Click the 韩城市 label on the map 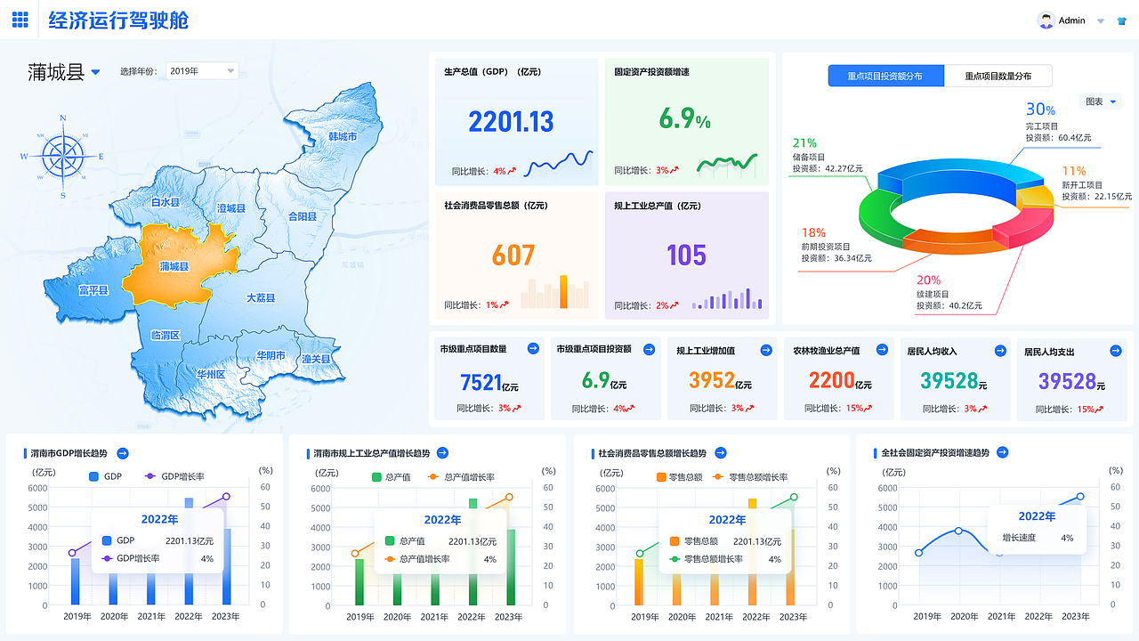(x=343, y=136)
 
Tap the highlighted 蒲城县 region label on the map (x=174, y=266)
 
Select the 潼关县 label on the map (x=316, y=359)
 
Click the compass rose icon (x=63, y=157)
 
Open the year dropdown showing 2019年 (x=202, y=71)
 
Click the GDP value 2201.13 (x=511, y=122)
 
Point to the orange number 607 (x=513, y=256)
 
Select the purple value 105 (x=686, y=256)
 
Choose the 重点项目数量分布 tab (x=998, y=76)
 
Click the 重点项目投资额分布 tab (x=885, y=76)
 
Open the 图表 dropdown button (x=1100, y=101)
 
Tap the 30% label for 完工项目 (x=1040, y=110)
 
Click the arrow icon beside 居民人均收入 (x=1000, y=350)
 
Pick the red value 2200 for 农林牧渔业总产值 (x=832, y=381)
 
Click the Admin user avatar (x=1046, y=20)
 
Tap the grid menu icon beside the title (x=20, y=20)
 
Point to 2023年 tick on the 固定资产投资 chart (x=1076, y=616)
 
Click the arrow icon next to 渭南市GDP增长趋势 (x=123, y=453)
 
